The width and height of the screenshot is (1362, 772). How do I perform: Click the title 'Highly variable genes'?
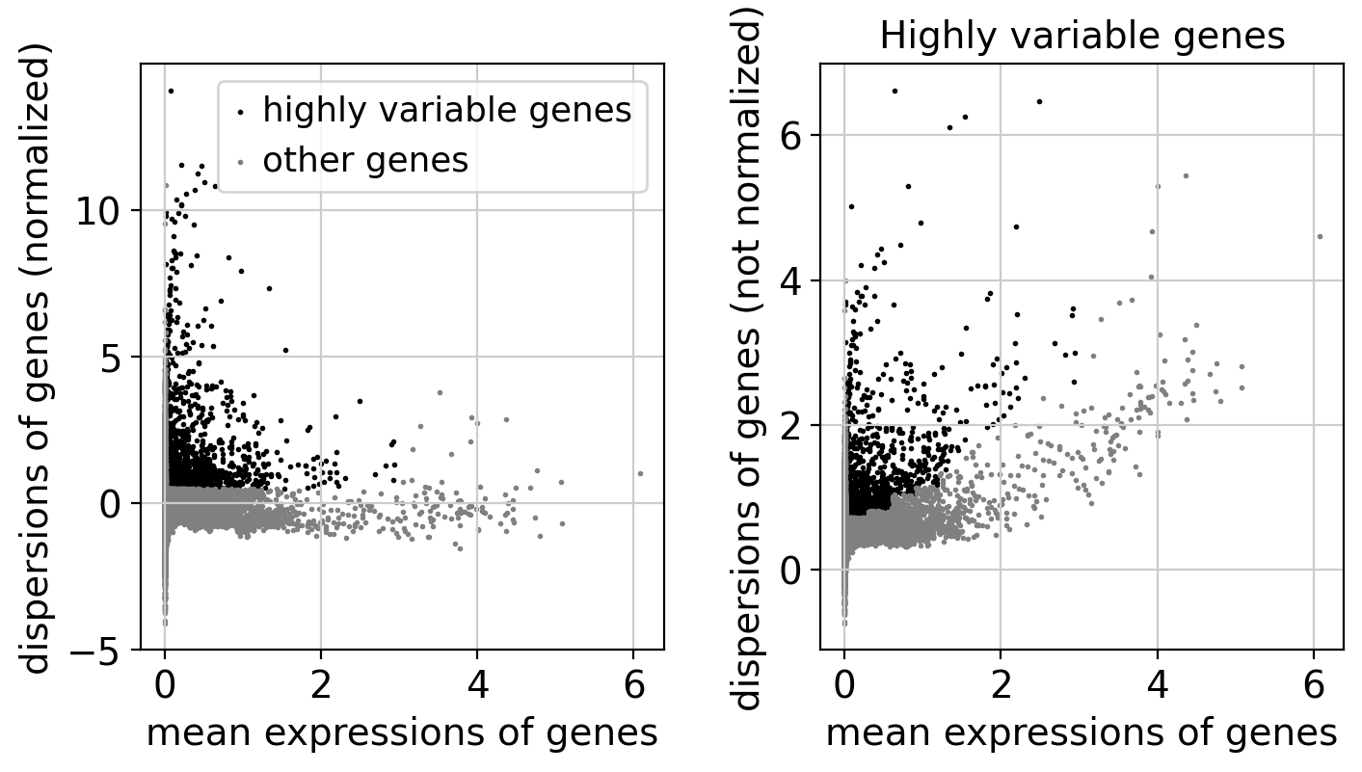point(1082,37)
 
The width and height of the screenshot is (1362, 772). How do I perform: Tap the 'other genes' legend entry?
point(365,161)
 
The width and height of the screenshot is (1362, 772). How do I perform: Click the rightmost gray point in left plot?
point(640,473)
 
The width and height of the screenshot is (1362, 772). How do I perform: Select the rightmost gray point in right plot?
point(1320,236)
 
